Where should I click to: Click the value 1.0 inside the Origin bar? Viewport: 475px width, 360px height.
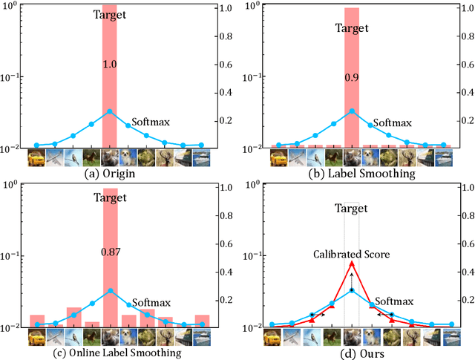pos(110,65)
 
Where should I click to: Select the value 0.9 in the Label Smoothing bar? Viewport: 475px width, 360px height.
pos(352,77)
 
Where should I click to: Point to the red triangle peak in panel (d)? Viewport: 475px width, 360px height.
pos(352,263)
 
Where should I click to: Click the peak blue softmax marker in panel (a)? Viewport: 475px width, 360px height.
pos(110,112)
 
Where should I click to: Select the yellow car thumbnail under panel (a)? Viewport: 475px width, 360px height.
pos(36,157)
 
